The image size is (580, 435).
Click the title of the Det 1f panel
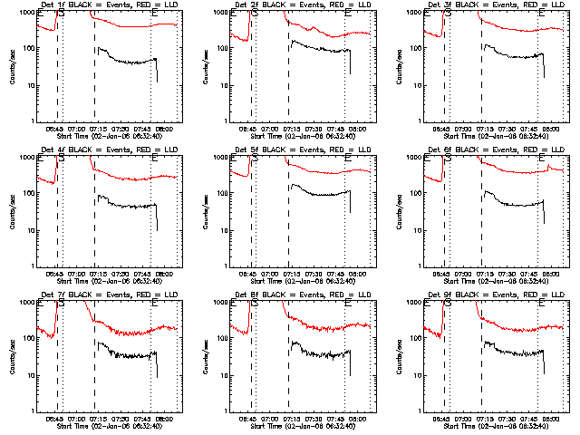point(108,5)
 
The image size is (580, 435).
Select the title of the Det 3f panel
point(496,5)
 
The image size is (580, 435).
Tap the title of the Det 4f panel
point(108,150)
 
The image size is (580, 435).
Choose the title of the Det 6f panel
point(496,150)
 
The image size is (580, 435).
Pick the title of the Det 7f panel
point(108,295)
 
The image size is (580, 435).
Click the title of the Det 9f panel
point(496,295)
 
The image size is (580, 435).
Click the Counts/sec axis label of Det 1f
point(12,67)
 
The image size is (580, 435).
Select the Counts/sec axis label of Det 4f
point(12,212)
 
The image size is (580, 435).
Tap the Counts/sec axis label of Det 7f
point(12,357)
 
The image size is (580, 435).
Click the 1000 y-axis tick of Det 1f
point(30,14)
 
